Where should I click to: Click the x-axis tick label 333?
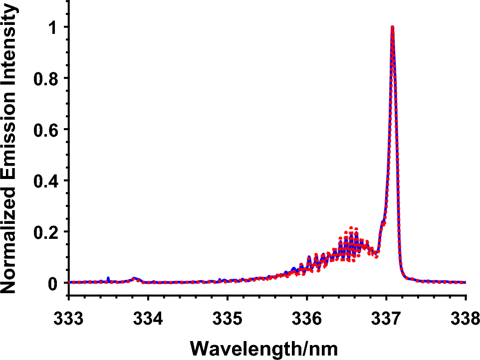pos(69,318)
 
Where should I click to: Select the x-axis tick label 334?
pos(148,318)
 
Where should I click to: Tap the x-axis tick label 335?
pos(228,318)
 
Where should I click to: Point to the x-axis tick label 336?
pos(307,318)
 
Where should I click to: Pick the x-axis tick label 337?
pos(386,318)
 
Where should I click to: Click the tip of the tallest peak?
pos(393,27)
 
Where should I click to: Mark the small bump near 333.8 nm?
pos(134,279)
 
